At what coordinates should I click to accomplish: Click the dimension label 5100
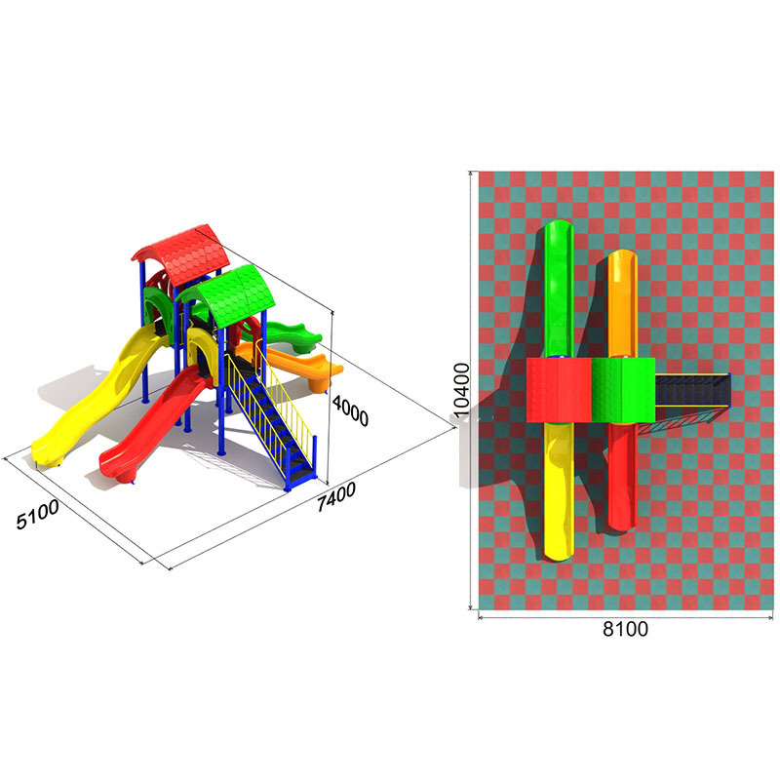38,515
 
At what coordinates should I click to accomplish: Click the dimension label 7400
336,496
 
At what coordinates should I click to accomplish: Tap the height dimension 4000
351,410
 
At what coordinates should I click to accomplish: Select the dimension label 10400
461,389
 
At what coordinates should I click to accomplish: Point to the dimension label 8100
625,629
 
